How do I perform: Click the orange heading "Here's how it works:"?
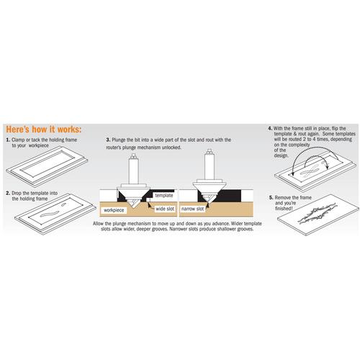pyautogui.click(x=44, y=130)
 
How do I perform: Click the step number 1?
pyautogui.click(x=8, y=140)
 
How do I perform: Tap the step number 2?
pyautogui.click(x=8, y=193)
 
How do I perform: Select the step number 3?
pyautogui.click(x=108, y=140)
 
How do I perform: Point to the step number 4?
pyautogui.click(x=270, y=129)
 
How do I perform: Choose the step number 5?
pyautogui.click(x=271, y=198)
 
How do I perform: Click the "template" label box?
pyautogui.click(x=164, y=195)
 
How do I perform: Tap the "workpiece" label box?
pyautogui.click(x=114, y=210)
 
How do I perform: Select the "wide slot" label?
pyautogui.click(x=165, y=209)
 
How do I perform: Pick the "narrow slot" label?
pyautogui.click(x=192, y=209)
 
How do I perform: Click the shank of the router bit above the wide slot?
pyautogui.click(x=134, y=171)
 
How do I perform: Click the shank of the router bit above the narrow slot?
pyautogui.click(x=210, y=166)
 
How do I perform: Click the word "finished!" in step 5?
pyautogui.click(x=284, y=209)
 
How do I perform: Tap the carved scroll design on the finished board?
pyautogui.click(x=317, y=213)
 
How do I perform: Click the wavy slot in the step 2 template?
pyautogui.click(x=50, y=214)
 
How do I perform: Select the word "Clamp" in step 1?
pyautogui.click(x=18, y=140)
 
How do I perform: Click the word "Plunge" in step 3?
pyautogui.click(x=119, y=140)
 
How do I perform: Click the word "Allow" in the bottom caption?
pyautogui.click(x=99, y=224)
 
